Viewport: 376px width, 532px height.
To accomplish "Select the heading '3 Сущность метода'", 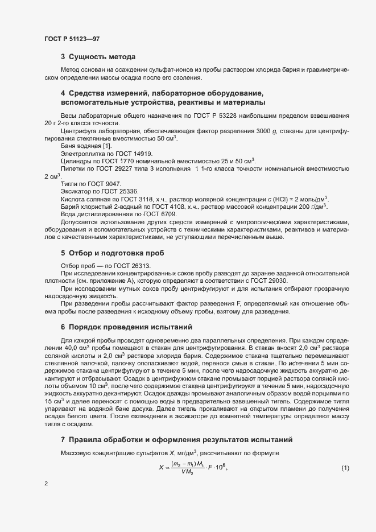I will coord(98,57).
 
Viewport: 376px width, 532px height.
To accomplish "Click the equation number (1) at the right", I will coord(345,468).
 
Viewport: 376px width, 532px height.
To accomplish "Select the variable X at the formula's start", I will coord(160,468).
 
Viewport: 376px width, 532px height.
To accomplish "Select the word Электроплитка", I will coord(80,154).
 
